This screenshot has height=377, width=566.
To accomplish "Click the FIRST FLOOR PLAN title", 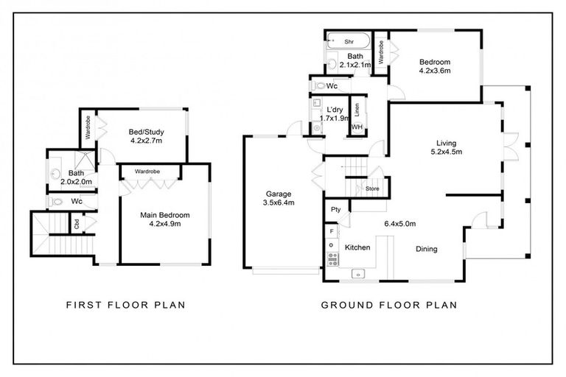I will click(125, 304).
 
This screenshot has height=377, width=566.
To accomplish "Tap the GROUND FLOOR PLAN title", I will click(388, 304).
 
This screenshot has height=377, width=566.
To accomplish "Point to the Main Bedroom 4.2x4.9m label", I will click(165, 219).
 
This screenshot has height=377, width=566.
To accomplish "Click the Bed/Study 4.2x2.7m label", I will click(145, 136).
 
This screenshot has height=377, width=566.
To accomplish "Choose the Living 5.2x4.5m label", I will click(446, 147).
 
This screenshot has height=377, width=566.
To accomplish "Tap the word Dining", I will click(426, 249).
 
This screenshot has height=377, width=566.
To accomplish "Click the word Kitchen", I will click(357, 247).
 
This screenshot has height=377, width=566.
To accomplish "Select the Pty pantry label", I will click(335, 210).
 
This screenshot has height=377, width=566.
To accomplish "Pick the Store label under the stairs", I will click(374, 190).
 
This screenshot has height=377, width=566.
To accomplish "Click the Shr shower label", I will click(349, 42).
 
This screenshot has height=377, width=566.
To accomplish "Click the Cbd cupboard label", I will click(77, 223).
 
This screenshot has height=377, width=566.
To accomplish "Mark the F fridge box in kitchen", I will click(332, 232).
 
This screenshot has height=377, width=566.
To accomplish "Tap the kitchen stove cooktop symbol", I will click(332, 258).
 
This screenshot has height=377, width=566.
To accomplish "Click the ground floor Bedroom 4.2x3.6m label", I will click(434, 66).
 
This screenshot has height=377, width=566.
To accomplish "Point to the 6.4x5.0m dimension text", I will click(399, 223).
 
